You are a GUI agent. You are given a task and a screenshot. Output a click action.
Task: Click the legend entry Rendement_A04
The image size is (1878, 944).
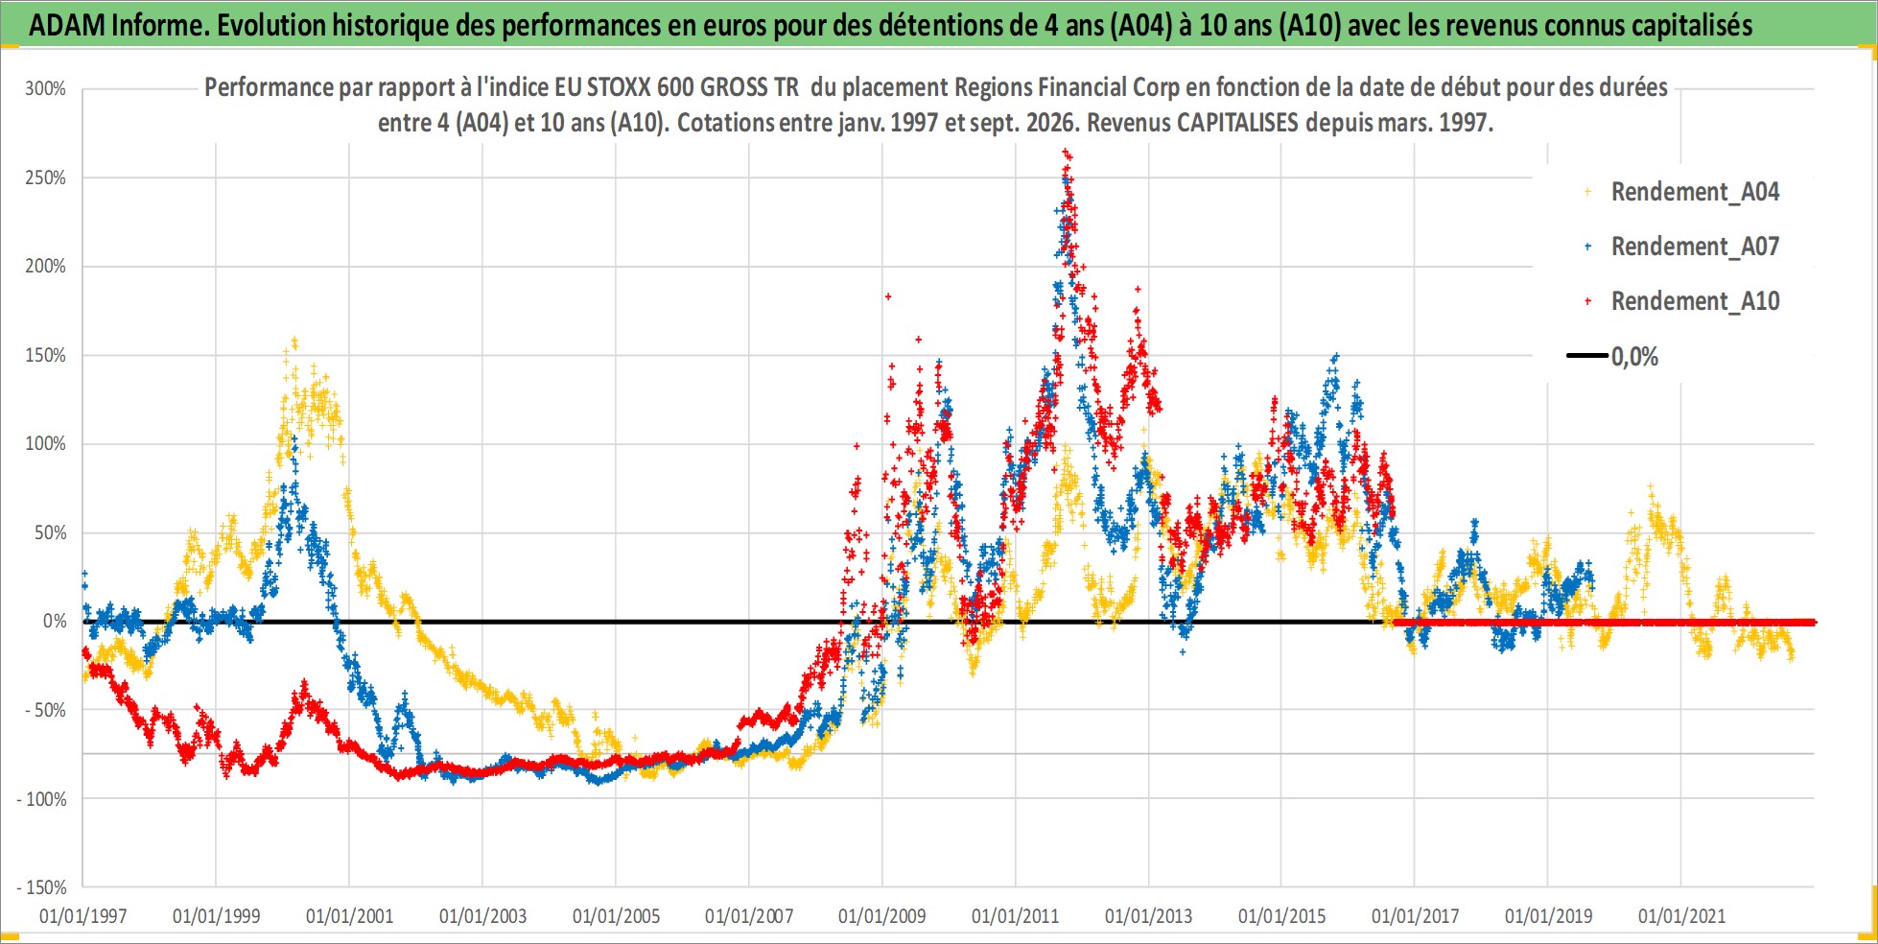pos(1683,192)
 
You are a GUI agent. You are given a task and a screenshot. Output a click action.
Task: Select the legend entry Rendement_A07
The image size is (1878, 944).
pos(1683,247)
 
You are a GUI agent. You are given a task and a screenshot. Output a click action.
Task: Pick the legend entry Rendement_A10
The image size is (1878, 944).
pos(1683,301)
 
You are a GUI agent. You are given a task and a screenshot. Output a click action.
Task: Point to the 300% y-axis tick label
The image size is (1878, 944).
pos(45,88)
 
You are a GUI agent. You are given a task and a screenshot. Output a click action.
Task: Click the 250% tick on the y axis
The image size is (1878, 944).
pos(45,177)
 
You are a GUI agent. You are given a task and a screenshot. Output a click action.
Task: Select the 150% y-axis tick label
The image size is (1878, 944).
pos(45,355)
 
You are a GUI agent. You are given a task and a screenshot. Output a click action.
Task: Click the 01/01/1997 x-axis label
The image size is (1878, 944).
pos(82,916)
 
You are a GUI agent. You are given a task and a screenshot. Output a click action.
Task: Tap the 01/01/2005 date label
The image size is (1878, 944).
pos(616,916)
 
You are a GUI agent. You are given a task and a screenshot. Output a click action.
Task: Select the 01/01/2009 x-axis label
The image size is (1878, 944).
pos(882,916)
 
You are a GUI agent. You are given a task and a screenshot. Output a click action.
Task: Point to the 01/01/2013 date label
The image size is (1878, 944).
pos(1148,916)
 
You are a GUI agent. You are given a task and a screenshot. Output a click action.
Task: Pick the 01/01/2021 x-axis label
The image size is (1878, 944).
pos(1681,916)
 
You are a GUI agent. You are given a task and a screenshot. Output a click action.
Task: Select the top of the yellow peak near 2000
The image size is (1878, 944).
pos(294,340)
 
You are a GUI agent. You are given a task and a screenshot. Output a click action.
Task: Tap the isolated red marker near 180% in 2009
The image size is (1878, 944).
pos(888,296)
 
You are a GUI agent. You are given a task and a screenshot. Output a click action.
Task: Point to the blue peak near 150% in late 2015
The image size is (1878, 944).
pos(1334,357)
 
